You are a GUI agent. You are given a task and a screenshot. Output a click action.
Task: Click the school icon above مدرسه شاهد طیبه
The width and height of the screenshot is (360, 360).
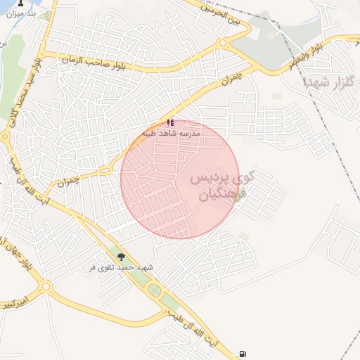click(170, 122)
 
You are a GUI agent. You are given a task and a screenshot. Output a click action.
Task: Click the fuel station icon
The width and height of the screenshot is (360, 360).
click(243, 353)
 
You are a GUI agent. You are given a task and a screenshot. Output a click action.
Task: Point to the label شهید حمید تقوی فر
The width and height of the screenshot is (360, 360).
click(122, 268)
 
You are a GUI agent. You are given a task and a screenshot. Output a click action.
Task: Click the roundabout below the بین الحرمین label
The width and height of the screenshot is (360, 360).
click(224, 43)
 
